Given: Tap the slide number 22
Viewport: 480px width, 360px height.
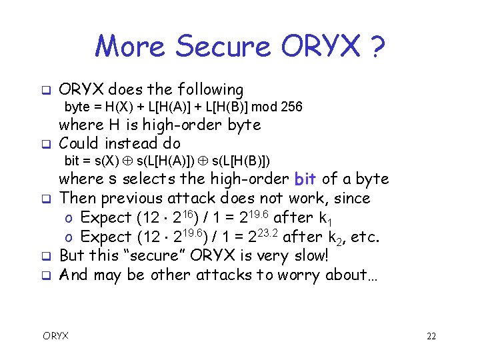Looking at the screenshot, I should click(431, 337).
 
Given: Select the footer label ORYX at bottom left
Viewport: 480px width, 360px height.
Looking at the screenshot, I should click(56, 337).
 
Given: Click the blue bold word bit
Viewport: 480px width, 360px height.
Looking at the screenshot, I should click(305, 179).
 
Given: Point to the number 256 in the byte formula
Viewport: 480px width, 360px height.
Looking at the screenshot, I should click(291, 107).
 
